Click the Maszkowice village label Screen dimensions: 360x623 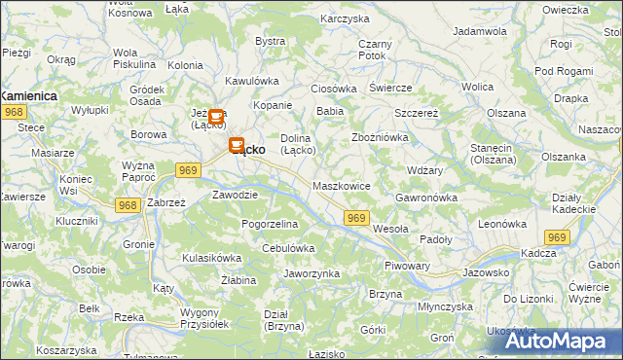(342, 185)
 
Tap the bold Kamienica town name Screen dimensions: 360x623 (29, 96)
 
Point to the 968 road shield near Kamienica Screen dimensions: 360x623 (14, 113)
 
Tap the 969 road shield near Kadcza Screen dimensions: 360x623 (557, 237)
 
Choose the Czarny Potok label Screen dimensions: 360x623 (374, 50)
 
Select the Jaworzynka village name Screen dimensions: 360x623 (311, 273)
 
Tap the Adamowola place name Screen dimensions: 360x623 (482, 31)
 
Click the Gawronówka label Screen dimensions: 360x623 (426, 198)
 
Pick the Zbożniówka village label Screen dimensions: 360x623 (380, 137)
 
